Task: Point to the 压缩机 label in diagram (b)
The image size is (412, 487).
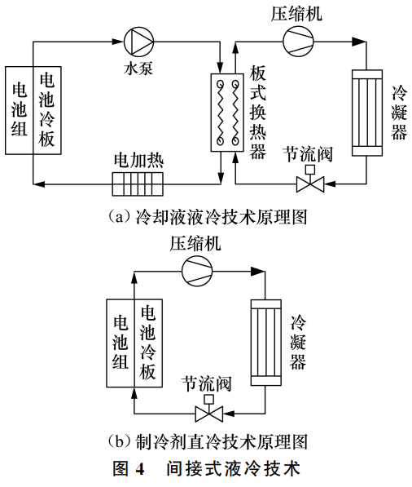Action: click(x=195, y=242)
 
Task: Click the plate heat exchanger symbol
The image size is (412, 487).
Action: click(x=224, y=112)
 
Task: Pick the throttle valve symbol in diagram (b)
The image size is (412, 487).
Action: click(x=209, y=410)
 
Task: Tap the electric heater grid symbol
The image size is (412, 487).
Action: click(x=138, y=184)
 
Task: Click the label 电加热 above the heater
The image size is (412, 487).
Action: click(x=138, y=159)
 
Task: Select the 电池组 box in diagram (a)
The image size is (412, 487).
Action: click(x=19, y=110)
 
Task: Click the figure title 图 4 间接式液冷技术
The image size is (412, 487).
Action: click(x=205, y=469)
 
